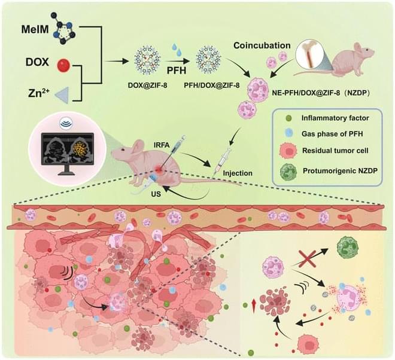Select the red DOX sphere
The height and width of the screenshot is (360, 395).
(x=63, y=65)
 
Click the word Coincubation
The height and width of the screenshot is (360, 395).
(x=262, y=45)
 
